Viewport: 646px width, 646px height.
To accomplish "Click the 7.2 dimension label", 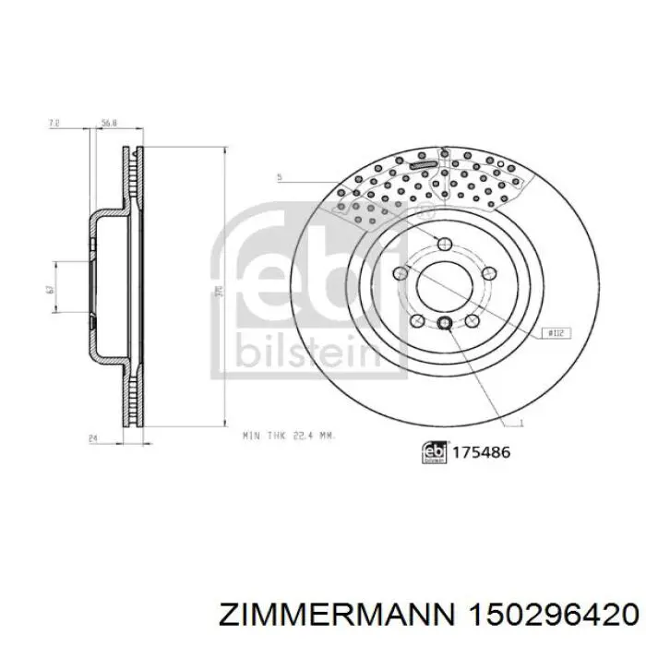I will tap(54, 121).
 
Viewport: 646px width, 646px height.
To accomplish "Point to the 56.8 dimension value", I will tap(109, 121).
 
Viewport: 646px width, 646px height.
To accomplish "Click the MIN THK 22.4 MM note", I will tap(287, 435).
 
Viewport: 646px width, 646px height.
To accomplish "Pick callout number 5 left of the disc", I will tap(279, 175).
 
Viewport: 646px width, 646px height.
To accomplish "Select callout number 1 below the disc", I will tap(520, 424).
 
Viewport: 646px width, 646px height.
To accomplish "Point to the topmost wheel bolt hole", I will tap(445, 244).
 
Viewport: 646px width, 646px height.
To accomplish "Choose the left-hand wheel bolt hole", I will tap(401, 273).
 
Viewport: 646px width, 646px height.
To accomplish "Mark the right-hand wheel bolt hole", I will tap(488, 273).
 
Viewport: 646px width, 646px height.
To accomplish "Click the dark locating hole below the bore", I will tap(445, 323).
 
